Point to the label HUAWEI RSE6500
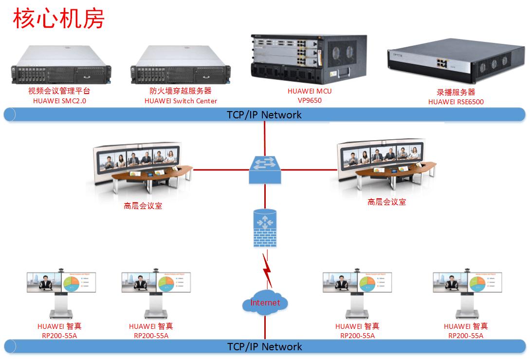coord(456,101)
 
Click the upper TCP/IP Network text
coord(264,115)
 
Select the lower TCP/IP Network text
coord(264,347)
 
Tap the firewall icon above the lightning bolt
coord(264,228)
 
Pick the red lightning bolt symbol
coord(267,269)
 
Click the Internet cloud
coord(265,303)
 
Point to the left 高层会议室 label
coord(143,206)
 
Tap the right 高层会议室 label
coord(386,202)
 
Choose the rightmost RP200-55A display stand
coord(466,293)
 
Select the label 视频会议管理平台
coord(59,91)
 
